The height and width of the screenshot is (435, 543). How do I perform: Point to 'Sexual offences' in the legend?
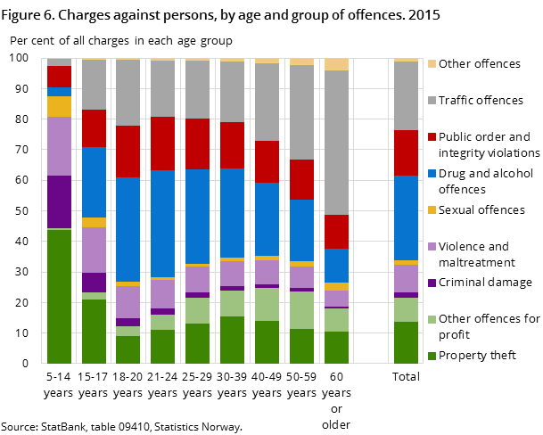pyautogui.click(x=487, y=209)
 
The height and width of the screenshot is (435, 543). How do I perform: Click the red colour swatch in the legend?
pyautogui.click(x=432, y=137)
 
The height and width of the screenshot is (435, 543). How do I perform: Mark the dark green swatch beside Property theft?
pyautogui.click(x=432, y=356)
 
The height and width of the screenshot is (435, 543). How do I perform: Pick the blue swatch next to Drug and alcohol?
pyautogui.click(x=432, y=174)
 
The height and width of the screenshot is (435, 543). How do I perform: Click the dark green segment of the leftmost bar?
pyautogui.click(x=59, y=296)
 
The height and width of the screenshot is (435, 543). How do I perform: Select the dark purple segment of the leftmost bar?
pyautogui.click(x=59, y=201)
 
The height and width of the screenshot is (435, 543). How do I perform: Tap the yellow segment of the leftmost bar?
pyautogui.click(x=59, y=106)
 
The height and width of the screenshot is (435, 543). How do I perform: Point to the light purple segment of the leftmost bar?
pyautogui.click(x=59, y=146)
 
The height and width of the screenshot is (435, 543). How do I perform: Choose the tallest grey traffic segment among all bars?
pyautogui.click(x=336, y=143)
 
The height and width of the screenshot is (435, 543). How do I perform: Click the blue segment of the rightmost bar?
pyautogui.click(x=407, y=217)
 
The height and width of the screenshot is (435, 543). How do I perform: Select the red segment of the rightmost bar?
pyautogui.click(x=407, y=152)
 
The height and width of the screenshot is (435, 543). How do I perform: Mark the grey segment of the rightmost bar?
pyautogui.click(x=407, y=95)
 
